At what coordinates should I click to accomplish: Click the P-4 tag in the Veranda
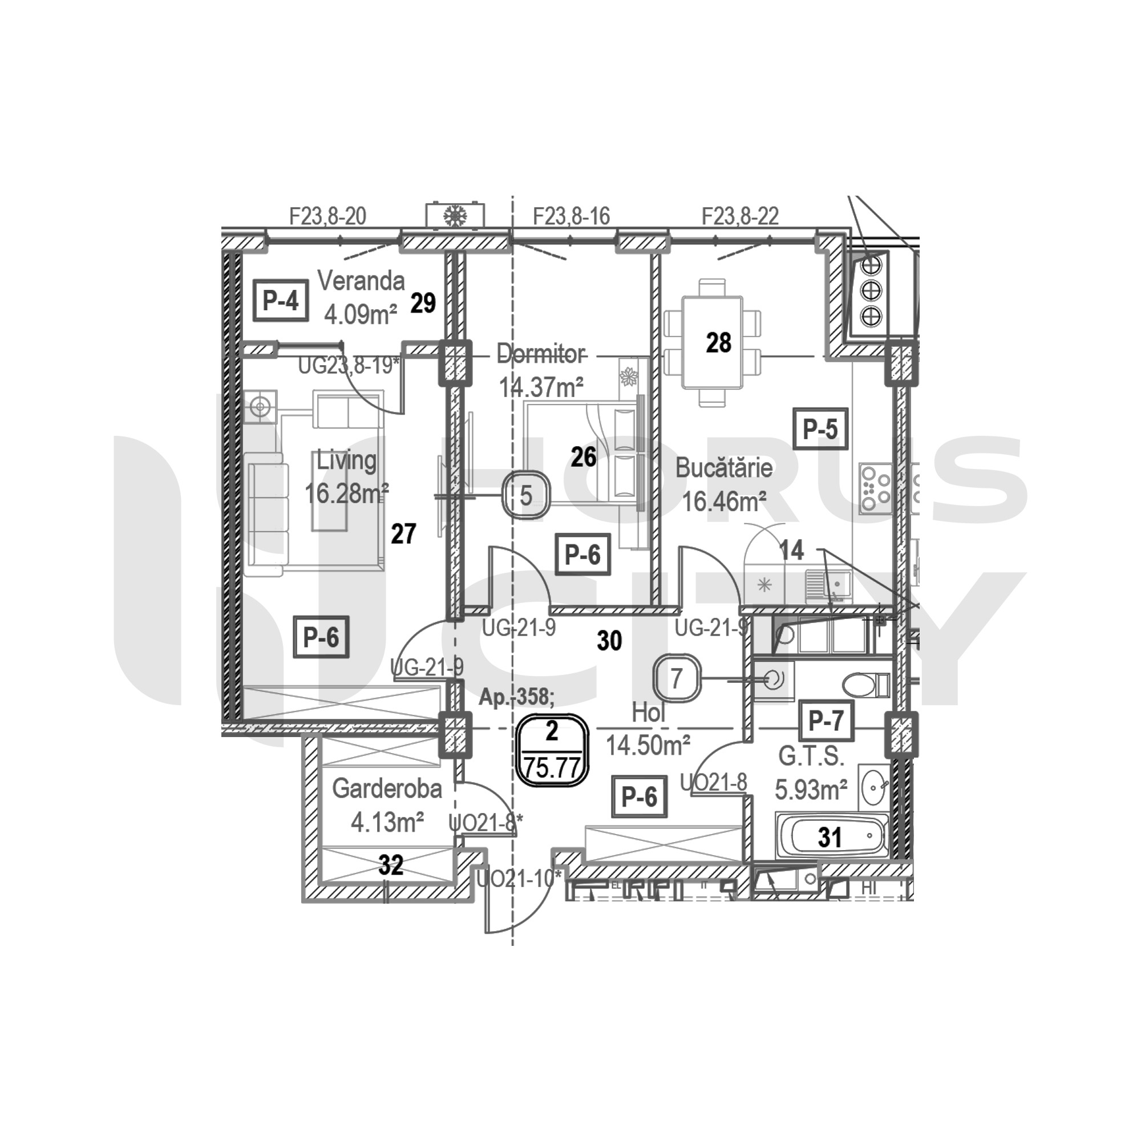tap(281, 301)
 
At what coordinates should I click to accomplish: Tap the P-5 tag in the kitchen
tap(820, 429)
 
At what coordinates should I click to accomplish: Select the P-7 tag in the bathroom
tap(826, 721)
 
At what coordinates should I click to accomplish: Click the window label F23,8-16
tap(571, 217)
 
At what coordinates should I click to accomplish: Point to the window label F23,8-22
tap(740, 216)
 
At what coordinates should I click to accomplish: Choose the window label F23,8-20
tap(328, 216)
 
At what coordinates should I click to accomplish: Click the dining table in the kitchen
tap(711, 343)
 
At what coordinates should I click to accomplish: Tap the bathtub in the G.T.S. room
tap(832, 836)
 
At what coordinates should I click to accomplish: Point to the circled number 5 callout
tap(525, 495)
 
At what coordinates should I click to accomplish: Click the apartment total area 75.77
tap(553, 768)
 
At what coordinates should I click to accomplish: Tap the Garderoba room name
tap(387, 789)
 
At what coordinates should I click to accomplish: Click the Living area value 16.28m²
tap(347, 492)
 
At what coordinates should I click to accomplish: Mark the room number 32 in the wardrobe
tap(391, 866)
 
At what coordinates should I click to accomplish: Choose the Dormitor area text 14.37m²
tap(541, 387)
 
